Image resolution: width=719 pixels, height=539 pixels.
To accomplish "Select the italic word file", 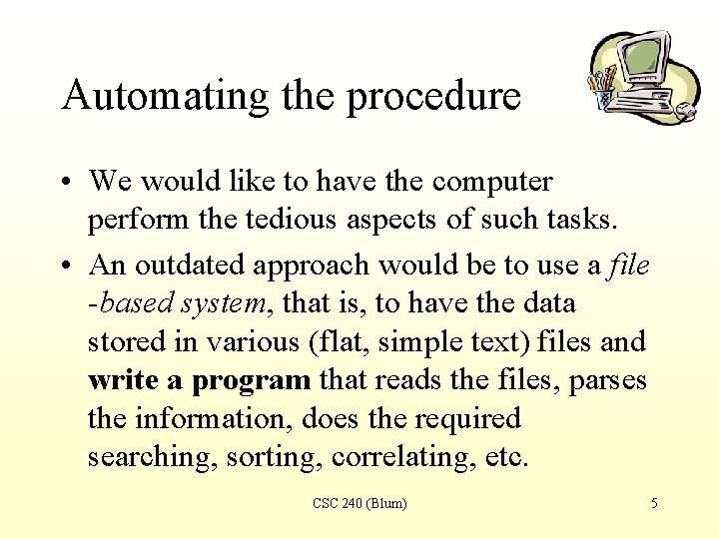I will click(x=629, y=265).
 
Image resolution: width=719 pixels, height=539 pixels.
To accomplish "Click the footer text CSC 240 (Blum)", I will click(x=359, y=504).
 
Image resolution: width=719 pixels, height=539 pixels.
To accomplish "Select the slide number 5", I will click(x=654, y=504).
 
